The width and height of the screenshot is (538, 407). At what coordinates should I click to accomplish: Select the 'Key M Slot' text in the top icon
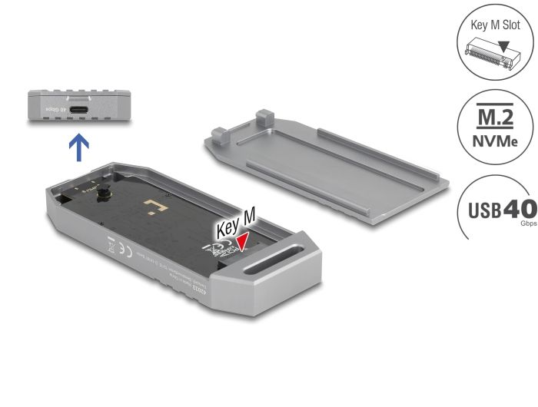(496, 25)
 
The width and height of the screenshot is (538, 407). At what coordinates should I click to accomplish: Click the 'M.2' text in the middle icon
(496, 120)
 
